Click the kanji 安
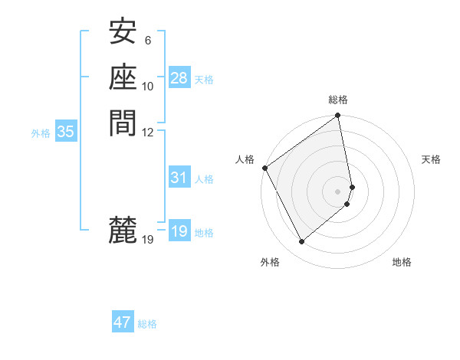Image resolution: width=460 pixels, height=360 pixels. click(123, 31)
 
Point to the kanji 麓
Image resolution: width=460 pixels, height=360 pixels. click(123, 229)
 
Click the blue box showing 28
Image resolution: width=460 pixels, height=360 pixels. click(179, 78)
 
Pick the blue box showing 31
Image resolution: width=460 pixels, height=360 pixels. click(179, 178)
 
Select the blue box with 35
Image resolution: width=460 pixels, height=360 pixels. click(66, 132)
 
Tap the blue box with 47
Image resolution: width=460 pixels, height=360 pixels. click(123, 322)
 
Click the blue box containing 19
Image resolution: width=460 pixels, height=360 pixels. click(179, 231)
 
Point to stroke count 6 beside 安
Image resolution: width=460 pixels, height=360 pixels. click(148, 41)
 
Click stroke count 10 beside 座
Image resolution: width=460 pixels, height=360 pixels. click(148, 86)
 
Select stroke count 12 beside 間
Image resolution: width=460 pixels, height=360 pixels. click(148, 131)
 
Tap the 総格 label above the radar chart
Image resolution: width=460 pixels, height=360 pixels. click(338, 100)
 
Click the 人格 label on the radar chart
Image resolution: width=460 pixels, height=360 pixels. click(245, 159)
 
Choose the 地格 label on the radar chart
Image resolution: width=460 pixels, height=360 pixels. click(402, 262)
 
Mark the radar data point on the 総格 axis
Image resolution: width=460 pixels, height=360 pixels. click(338, 116)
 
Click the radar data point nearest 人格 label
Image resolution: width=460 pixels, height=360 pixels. click(265, 168)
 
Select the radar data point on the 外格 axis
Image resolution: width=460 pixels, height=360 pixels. click(301, 242)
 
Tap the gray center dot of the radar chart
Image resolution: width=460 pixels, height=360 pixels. click(338, 191)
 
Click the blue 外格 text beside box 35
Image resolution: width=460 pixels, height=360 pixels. click(41, 133)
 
